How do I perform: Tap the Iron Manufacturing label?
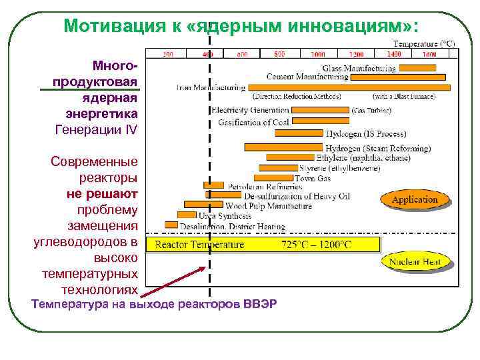(x=210, y=87)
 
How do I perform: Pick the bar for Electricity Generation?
(x=320, y=109)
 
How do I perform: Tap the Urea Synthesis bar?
(x=187, y=215)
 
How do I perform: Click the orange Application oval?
(x=415, y=199)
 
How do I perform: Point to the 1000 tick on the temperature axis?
(x=317, y=54)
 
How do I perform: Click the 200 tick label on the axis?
(x=167, y=54)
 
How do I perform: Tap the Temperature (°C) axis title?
(x=423, y=43)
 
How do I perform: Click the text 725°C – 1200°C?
(x=315, y=245)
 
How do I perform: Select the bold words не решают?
(x=102, y=193)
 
